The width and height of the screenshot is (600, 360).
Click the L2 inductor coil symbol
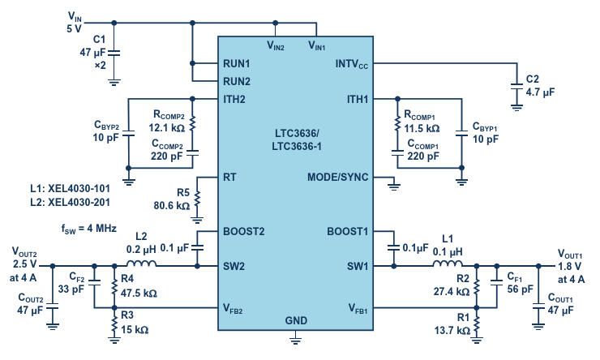click(x=141, y=264)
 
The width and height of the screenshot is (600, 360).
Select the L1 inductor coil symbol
click(x=448, y=264)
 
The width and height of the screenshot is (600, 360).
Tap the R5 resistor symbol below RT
click(x=197, y=199)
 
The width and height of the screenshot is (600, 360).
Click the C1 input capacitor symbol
click(x=114, y=53)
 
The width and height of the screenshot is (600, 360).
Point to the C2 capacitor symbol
click(x=516, y=87)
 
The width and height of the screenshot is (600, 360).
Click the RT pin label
click(x=229, y=178)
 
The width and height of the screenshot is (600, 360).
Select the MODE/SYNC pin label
click(x=337, y=178)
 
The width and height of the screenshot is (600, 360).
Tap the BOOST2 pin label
click(x=244, y=231)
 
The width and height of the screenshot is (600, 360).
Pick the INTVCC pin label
click(x=352, y=64)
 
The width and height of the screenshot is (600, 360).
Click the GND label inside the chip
click(x=296, y=320)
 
